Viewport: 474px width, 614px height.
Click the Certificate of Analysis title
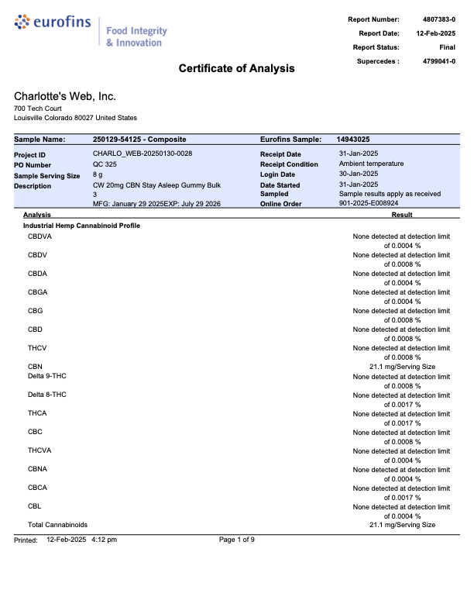click(236, 68)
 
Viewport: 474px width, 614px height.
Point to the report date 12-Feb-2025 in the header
click(435, 33)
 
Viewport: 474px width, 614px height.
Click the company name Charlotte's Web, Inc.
click(65, 96)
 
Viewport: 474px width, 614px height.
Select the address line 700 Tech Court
click(38, 109)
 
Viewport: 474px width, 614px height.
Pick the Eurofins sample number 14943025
click(358, 140)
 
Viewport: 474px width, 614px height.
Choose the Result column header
click(402, 214)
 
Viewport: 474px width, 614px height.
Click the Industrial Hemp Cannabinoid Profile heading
click(81, 225)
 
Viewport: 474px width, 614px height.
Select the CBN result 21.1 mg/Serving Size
click(402, 367)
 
